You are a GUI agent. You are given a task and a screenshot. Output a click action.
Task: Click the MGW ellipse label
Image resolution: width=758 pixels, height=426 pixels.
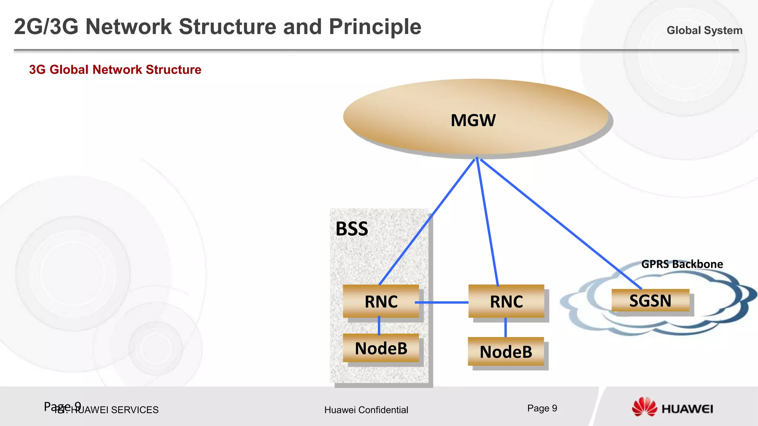point(473,121)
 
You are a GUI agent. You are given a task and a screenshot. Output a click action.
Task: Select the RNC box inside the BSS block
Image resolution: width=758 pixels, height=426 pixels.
point(381,301)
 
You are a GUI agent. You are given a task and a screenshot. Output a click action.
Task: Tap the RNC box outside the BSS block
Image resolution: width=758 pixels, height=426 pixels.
point(506,301)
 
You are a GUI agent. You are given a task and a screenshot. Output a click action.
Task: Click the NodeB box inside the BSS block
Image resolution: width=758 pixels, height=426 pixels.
point(381,348)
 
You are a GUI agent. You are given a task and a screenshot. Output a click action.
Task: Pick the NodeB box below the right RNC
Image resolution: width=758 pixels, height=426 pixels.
point(506,352)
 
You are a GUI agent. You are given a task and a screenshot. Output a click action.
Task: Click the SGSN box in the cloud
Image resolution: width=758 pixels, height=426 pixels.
point(650,301)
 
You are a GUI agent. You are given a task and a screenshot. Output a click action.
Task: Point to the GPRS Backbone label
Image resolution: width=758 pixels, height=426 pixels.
point(682,264)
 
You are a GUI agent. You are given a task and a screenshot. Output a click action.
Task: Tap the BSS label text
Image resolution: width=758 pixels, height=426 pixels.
point(352,229)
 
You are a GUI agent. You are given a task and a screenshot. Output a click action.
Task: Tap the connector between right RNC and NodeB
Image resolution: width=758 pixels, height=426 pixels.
point(506,328)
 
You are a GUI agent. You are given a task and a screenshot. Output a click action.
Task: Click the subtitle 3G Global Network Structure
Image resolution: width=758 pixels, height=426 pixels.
point(115,70)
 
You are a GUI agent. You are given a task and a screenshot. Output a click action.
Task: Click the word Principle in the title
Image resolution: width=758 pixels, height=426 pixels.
point(375,27)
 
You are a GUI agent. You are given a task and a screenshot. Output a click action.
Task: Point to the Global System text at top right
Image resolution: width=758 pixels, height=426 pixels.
point(704,30)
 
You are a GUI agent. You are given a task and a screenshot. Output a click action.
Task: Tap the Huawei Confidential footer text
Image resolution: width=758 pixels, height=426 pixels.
point(366,410)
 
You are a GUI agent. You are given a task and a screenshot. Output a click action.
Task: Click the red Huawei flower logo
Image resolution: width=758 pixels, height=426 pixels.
point(644,408)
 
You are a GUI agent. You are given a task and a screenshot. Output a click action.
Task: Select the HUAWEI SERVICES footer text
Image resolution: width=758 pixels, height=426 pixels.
point(115,410)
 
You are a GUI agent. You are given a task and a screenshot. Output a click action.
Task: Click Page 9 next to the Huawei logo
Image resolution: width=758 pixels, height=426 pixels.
point(542,408)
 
